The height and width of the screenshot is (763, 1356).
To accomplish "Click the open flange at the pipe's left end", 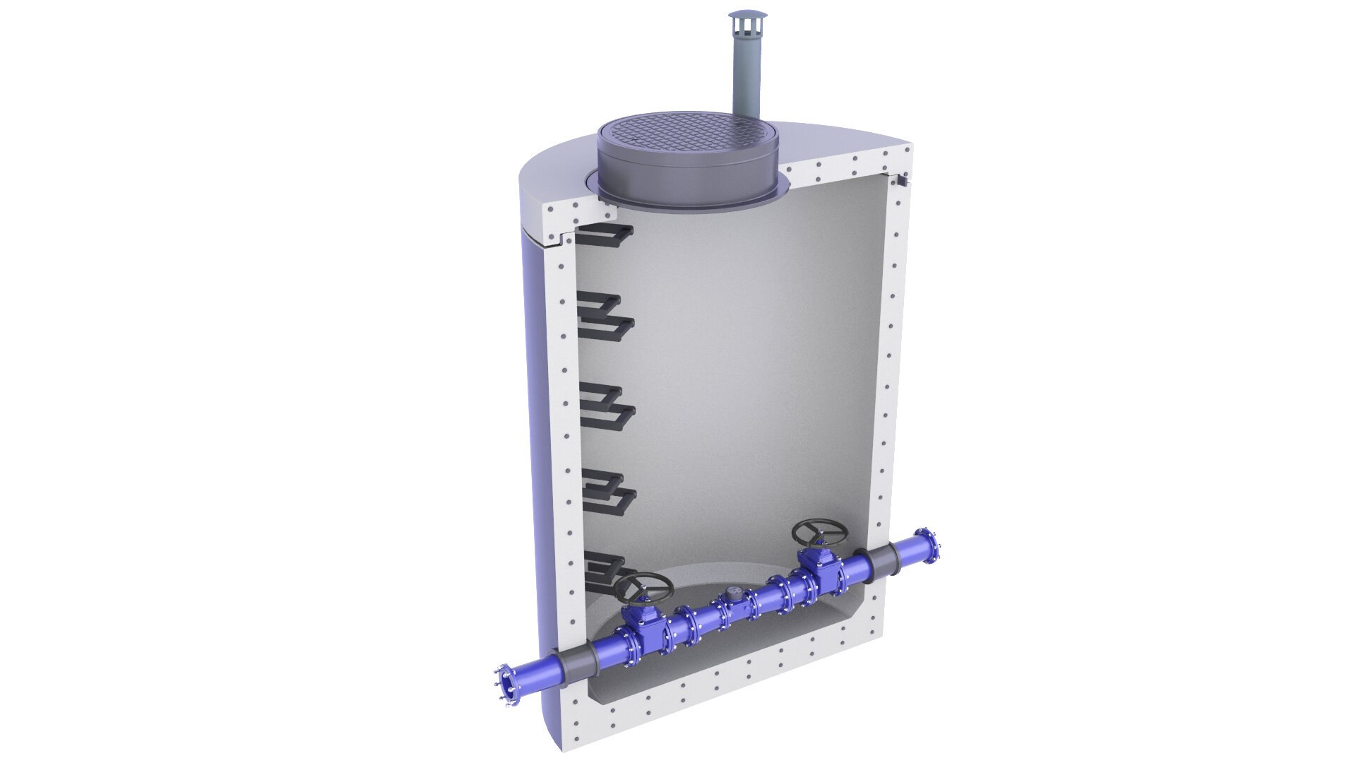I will click(x=503, y=684).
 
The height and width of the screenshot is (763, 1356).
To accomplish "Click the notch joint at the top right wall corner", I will click(x=902, y=181).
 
